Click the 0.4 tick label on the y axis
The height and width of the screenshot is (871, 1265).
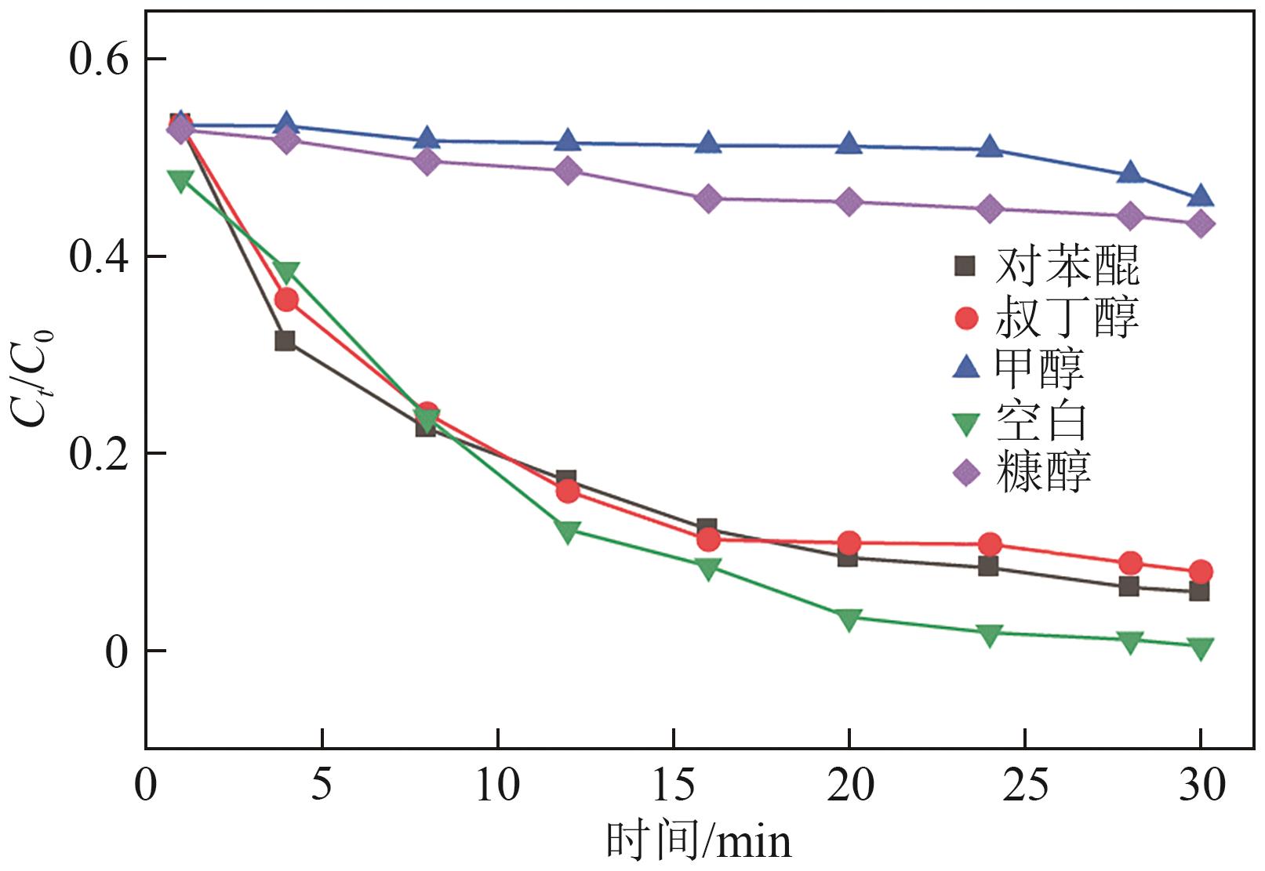pos(98,256)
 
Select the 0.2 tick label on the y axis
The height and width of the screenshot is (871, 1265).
pos(98,453)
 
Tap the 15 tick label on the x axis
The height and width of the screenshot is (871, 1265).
pos(674,785)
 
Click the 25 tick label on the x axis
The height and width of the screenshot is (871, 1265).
pos(1025,785)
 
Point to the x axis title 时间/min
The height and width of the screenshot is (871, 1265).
pos(699,842)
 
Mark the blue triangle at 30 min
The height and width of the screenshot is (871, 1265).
pos(1200,196)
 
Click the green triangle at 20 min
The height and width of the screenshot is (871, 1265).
pos(849,619)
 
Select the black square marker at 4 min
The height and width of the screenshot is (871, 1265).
pos(285,341)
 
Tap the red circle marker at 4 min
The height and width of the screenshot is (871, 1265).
pos(286,299)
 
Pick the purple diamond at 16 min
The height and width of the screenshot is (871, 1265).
pos(708,199)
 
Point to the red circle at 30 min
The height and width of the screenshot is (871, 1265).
pos(1200,572)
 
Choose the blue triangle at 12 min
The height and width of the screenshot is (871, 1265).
pos(567,141)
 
